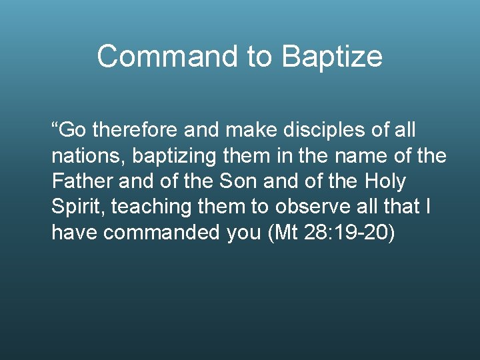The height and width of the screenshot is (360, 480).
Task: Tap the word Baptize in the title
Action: [332, 57]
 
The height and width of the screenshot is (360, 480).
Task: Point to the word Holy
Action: [385, 181]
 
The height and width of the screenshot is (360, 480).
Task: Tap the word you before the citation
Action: [243, 233]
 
